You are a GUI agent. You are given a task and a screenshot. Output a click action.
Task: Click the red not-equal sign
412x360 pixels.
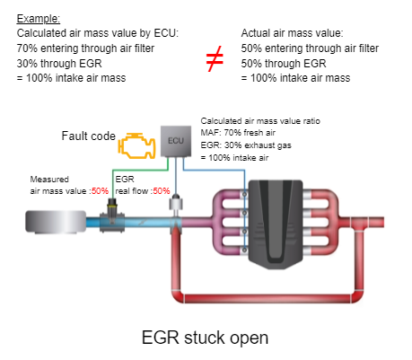click(x=215, y=58)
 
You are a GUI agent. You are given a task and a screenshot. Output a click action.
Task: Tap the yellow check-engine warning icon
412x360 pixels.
click(x=137, y=145)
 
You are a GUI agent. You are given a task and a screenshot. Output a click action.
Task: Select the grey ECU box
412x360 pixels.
click(x=176, y=141)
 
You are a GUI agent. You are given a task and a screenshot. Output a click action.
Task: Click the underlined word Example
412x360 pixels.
click(x=39, y=19)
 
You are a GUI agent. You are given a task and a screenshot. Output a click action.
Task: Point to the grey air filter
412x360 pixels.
click(x=56, y=222)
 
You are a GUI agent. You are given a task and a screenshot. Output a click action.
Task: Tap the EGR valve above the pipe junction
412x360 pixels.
click(x=176, y=202)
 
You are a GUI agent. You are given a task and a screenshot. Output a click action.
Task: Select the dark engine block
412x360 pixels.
click(x=276, y=224)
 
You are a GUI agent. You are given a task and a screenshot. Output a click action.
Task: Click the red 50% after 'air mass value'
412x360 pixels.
click(x=100, y=191)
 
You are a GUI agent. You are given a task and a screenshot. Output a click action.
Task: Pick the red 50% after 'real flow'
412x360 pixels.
click(x=162, y=191)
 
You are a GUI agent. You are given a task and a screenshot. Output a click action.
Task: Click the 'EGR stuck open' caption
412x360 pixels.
click(x=205, y=338)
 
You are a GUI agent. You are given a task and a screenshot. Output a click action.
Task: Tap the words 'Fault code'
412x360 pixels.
click(x=89, y=136)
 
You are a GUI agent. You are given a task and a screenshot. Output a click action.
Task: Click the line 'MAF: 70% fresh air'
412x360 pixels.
click(x=238, y=133)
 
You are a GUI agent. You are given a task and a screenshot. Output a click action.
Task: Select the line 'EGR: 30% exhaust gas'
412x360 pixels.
click(x=246, y=145)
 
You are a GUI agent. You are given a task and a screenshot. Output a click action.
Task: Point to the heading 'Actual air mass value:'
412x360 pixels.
click(x=292, y=33)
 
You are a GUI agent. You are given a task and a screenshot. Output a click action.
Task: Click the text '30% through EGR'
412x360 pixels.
click(x=59, y=64)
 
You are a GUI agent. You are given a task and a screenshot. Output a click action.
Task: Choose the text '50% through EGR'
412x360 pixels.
click(x=284, y=64)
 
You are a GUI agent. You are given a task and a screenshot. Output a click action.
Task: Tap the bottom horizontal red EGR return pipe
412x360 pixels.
click(x=267, y=298)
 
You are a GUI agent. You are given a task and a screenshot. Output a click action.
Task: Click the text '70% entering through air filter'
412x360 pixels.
click(x=85, y=48)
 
